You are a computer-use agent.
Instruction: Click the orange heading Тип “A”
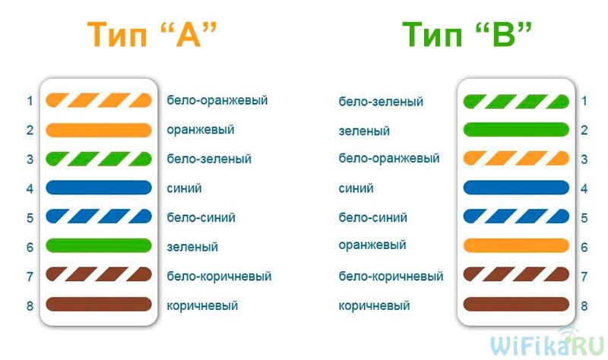tap(151, 34)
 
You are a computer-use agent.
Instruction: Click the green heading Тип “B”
tap(467, 34)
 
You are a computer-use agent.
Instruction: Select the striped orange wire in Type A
tap(99, 100)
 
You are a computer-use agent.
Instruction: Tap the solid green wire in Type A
tap(99, 245)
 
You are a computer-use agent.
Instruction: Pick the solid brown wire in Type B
tap(516, 305)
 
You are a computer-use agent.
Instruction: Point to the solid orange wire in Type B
tap(516, 245)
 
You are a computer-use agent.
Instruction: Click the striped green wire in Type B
tap(516, 102)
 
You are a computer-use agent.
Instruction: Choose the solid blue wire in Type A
tap(99, 188)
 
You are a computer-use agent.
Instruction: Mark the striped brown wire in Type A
tap(99, 275)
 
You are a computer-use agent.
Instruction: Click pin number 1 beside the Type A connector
tap(30, 101)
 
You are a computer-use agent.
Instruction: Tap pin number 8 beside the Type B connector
tap(584, 306)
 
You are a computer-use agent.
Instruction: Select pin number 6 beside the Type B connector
tap(584, 248)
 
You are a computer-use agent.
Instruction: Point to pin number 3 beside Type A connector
tap(30, 159)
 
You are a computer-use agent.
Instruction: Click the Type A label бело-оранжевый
tap(217, 100)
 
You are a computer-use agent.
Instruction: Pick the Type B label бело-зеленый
tap(381, 102)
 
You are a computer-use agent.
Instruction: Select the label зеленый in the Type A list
tap(192, 247)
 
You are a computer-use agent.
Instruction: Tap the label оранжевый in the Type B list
tap(372, 245)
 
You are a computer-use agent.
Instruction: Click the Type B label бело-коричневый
tap(391, 276)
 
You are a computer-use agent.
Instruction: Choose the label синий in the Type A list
tap(184, 188)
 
